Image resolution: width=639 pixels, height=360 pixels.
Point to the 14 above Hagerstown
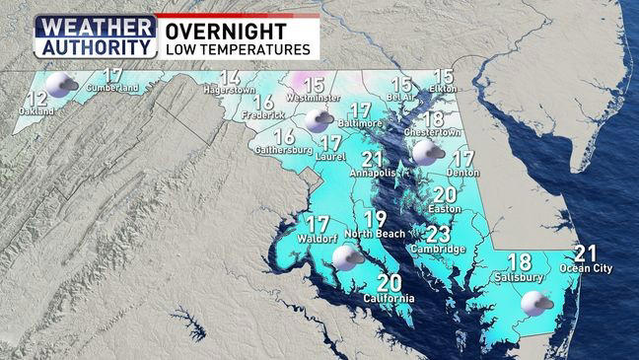[x=230, y=78]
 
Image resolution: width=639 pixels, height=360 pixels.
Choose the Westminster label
[x=314, y=99]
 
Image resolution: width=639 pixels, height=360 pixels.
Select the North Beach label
[x=372, y=234]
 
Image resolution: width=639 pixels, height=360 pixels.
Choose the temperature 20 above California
[x=389, y=283]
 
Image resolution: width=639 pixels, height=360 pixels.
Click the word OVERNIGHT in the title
[x=212, y=30]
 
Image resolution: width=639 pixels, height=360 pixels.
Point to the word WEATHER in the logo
[x=95, y=27]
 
